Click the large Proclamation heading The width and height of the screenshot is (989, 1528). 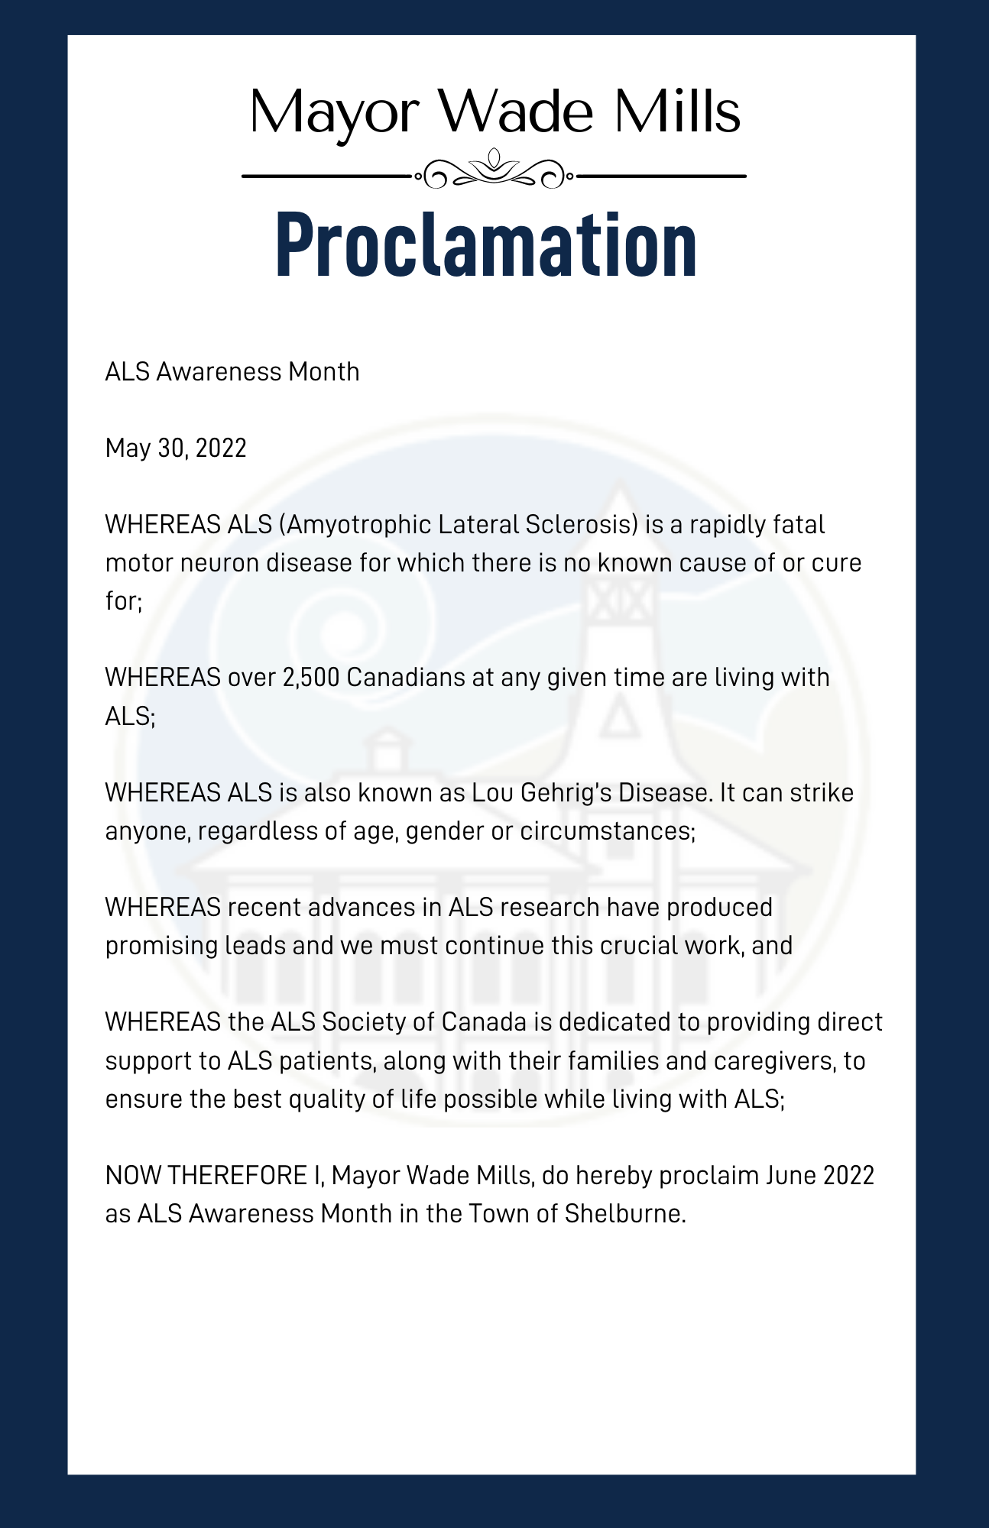tap(486, 243)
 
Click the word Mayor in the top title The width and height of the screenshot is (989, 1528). tap(334, 113)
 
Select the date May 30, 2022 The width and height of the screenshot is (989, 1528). tap(176, 448)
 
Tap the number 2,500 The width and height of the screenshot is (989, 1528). tap(310, 678)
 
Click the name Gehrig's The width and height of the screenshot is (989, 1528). tap(566, 793)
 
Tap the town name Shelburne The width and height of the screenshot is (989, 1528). tap(625, 1214)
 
